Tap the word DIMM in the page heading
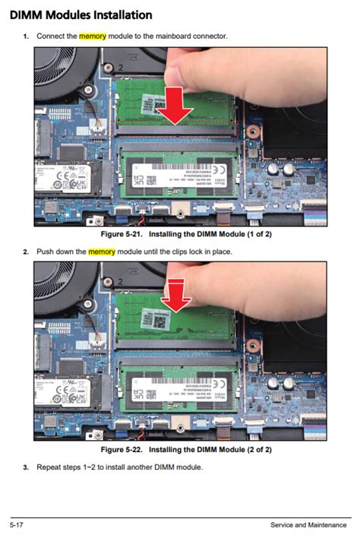tap(24, 14)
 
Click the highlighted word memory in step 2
tap(102, 252)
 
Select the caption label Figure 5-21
tap(112, 235)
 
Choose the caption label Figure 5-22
tap(112, 450)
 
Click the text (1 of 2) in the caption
tap(255, 235)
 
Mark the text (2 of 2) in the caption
tap(255, 450)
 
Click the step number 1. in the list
tap(25, 36)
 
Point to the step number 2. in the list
tap(25, 252)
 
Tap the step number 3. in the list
tap(25, 467)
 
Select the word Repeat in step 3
tap(49, 467)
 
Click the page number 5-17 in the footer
tap(17, 525)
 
